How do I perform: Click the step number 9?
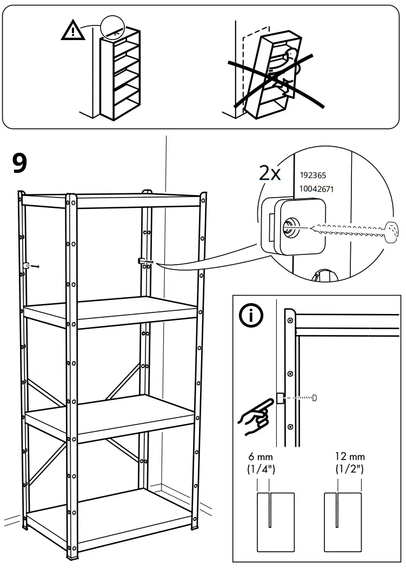[20, 164]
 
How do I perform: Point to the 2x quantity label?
[270, 173]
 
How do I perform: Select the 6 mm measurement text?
[262, 457]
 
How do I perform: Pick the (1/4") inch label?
[262, 468]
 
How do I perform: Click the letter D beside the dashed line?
[314, 398]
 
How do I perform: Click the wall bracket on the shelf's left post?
[26, 265]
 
